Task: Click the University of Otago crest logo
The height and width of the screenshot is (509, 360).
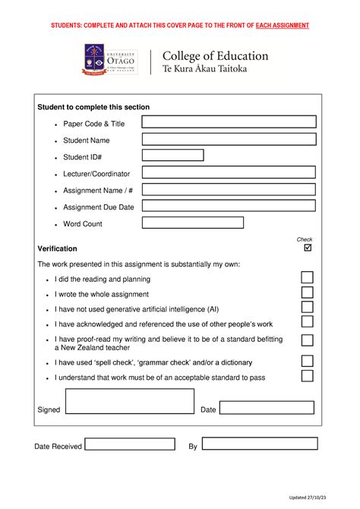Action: point(94,60)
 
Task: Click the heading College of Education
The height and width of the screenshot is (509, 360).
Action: point(216,56)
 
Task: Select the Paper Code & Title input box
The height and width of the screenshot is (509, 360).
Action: point(229,122)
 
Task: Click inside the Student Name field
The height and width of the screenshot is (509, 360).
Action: point(229,139)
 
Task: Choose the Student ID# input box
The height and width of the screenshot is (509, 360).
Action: point(173,156)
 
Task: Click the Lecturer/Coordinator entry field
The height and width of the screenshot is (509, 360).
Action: point(229,172)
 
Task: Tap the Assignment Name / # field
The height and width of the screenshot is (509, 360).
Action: point(229,189)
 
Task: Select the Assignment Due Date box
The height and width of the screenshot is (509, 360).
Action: point(229,206)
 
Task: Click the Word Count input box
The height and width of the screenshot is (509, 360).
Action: point(193,223)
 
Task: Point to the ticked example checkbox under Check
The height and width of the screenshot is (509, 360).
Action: point(308,248)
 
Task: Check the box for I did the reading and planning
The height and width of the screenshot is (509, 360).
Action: point(307,278)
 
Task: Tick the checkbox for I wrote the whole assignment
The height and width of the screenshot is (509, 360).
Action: point(307,293)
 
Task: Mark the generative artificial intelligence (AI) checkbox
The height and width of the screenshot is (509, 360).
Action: point(307,308)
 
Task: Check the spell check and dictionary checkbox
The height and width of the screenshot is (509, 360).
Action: point(307,362)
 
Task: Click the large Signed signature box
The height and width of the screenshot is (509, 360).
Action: point(130,401)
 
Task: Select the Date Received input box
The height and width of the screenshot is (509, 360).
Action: point(130,444)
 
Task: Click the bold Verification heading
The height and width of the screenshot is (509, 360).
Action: point(57,248)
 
